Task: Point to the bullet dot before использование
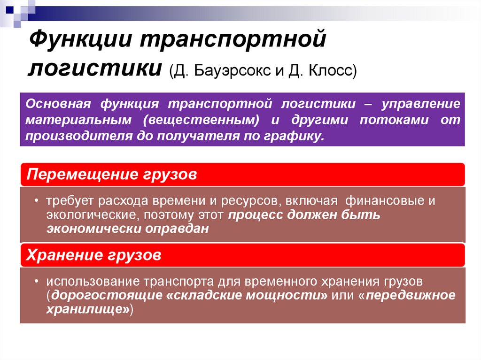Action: point(37,282)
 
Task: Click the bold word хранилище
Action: point(86,310)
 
